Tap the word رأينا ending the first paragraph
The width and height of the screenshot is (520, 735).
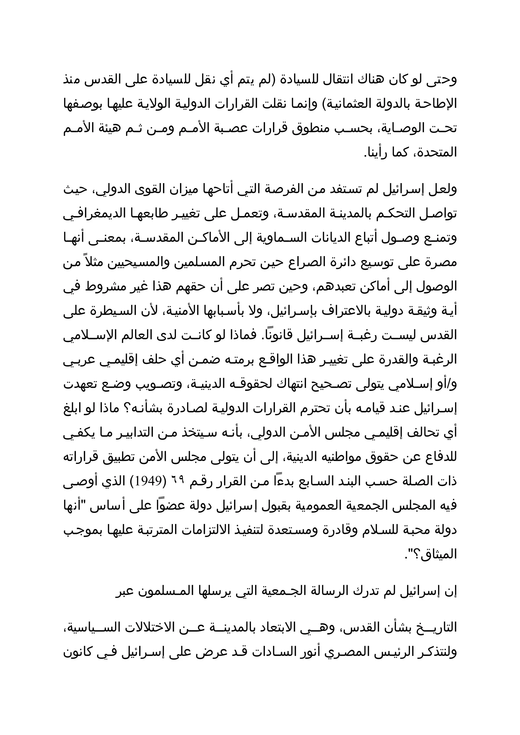(x=382, y=153)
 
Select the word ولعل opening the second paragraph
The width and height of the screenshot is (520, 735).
(x=444, y=189)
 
